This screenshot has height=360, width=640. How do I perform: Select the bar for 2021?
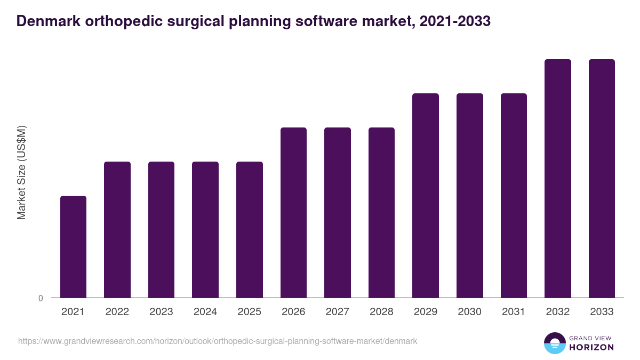click(x=73, y=246)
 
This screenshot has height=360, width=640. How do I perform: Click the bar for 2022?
click(x=117, y=229)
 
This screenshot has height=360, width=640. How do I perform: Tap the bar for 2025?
click(x=250, y=229)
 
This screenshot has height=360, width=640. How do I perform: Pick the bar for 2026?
click(x=293, y=212)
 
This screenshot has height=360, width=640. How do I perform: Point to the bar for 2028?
click(x=381, y=212)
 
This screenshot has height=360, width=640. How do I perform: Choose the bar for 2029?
click(x=426, y=195)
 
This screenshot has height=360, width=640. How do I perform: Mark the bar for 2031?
click(x=514, y=195)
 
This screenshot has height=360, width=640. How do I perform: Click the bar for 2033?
click(x=602, y=178)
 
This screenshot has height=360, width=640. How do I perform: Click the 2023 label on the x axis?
click(x=161, y=312)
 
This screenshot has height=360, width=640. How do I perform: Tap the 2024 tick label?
click(x=205, y=312)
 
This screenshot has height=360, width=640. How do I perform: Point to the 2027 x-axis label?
click(x=338, y=312)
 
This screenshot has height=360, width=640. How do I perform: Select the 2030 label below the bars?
click(x=470, y=312)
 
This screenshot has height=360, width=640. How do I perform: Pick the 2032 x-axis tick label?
click(x=558, y=312)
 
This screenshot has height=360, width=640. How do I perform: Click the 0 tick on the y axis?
click(x=41, y=298)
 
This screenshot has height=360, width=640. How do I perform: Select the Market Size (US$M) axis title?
click(x=21, y=172)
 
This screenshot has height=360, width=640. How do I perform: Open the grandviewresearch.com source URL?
click(x=218, y=341)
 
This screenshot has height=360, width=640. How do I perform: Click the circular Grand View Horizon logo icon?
click(x=554, y=343)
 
